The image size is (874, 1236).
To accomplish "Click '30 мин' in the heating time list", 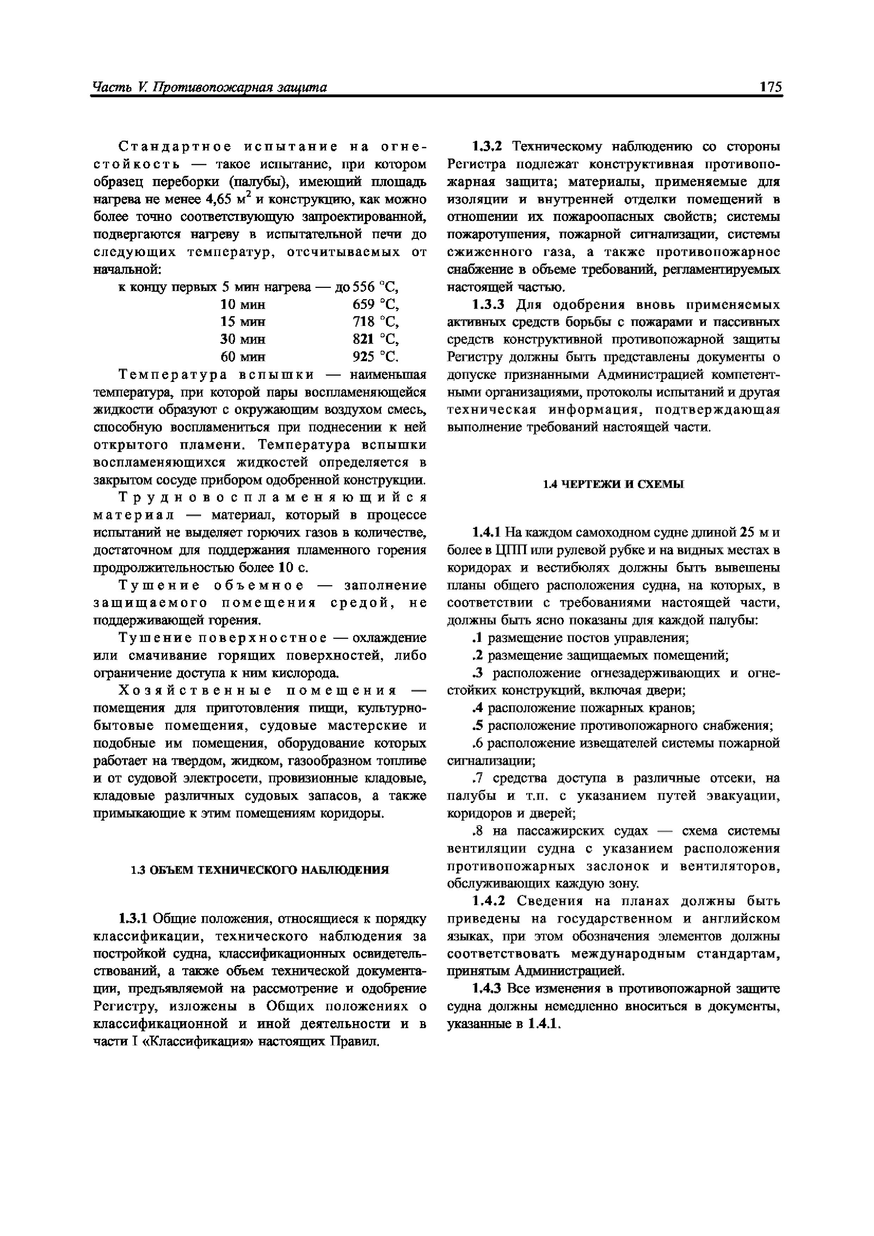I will (243, 340).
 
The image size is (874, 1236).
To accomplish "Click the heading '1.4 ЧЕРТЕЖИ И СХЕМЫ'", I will (613, 484).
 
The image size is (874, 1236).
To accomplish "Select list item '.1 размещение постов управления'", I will (580, 638).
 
